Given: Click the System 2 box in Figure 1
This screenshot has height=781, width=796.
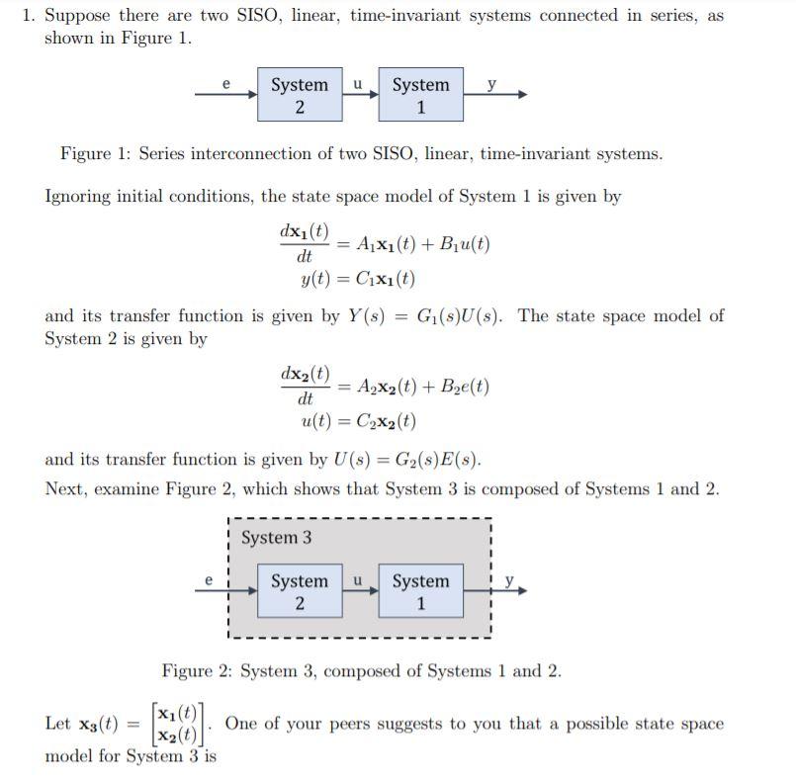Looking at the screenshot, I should pos(300,95).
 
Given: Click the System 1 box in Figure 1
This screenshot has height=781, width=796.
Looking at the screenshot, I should pos(420,95).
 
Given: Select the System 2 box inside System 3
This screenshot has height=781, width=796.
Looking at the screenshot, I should pos(300,591).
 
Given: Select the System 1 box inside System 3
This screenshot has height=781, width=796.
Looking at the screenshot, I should pos(420,591).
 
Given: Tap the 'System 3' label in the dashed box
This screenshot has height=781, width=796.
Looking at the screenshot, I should pos(276,538).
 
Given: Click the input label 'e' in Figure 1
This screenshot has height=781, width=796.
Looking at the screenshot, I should pos(226,84).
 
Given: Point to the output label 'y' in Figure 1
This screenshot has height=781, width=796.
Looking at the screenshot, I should pos(491,84).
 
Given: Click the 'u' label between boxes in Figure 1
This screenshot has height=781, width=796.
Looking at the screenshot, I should pos(358,84).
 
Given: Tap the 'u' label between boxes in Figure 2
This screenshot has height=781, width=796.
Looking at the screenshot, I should pos(358,580).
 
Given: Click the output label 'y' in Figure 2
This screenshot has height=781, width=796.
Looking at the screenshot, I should pos(509,581).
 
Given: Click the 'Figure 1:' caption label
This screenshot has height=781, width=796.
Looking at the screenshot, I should pos(96,154).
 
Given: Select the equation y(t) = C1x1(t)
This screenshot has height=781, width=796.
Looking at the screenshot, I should pos(357,279).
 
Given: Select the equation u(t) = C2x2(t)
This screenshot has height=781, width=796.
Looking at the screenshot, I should pos(358,421).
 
